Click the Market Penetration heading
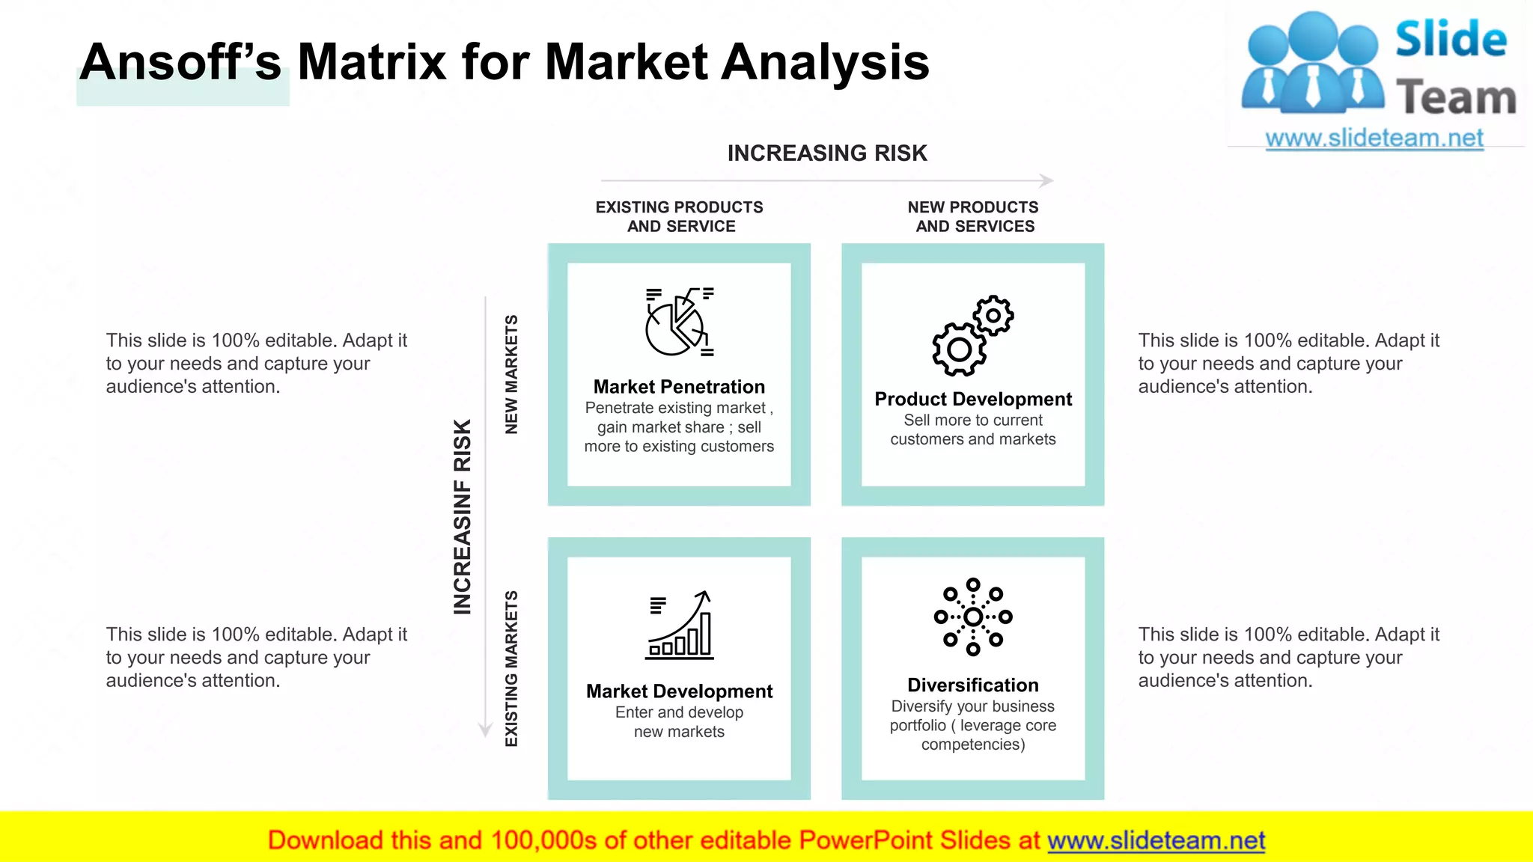click(679, 387)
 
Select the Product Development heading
click(972, 399)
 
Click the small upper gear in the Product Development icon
click(993, 315)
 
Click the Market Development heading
click(679, 691)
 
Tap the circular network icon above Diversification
click(972, 617)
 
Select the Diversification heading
click(972, 685)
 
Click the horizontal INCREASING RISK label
click(826, 153)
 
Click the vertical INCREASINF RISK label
click(463, 516)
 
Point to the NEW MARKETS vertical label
click(511, 374)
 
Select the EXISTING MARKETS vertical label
click(511, 668)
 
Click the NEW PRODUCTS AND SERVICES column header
click(974, 216)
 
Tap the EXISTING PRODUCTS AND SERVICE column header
click(680, 216)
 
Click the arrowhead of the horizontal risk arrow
click(1047, 180)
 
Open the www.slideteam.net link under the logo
click(1374, 138)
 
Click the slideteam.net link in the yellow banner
click(1156, 840)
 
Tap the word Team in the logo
click(1455, 98)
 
